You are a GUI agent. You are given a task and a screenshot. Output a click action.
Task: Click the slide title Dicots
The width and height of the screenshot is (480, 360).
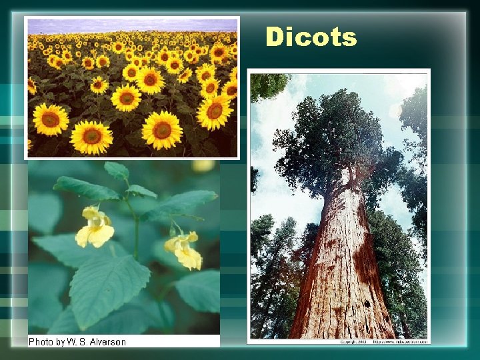(311, 37)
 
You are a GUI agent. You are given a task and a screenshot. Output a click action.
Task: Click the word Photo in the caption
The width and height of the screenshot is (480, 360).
(41, 341)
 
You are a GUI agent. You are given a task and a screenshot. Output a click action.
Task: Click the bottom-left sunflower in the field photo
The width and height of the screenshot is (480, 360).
(51, 119)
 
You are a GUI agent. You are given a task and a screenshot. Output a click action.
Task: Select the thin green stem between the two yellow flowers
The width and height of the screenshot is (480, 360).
(135, 227)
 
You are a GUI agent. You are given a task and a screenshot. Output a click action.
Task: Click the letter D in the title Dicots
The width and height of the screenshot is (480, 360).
(275, 37)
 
